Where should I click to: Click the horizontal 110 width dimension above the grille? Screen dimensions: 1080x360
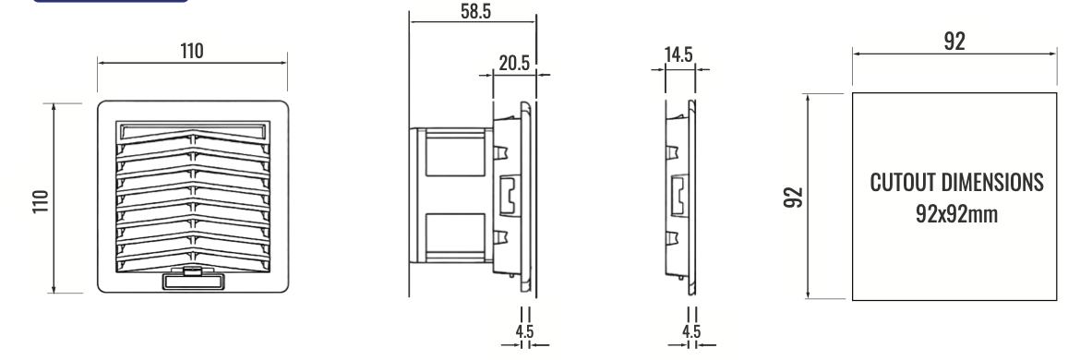point(192,51)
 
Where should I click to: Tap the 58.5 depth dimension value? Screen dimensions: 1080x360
point(476,12)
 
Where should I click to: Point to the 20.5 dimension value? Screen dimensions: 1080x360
point(514,64)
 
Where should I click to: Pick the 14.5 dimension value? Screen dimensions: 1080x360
point(678,55)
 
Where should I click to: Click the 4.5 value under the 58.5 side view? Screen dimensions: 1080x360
point(525,331)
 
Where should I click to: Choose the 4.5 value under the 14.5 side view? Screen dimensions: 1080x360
point(691,331)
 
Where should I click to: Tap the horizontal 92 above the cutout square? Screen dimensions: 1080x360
point(954,42)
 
